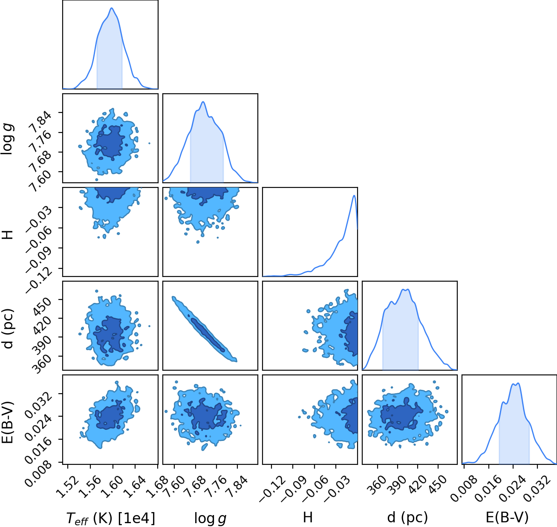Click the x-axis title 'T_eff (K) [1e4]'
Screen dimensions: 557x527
(x=111, y=518)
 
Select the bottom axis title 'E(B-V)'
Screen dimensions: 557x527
(x=507, y=517)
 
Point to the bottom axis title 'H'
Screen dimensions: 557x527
(x=308, y=517)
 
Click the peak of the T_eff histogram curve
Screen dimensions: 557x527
(x=112, y=8)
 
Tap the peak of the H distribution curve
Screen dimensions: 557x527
(x=354, y=196)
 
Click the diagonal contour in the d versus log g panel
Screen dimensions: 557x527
(x=205, y=329)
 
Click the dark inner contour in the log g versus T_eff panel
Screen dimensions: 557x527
(x=109, y=142)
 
